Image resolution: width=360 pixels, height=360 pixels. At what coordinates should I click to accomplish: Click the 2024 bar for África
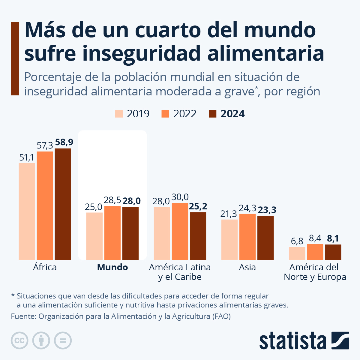click(x=63, y=204)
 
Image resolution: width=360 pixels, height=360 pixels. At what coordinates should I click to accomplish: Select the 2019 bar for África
click(x=27, y=211)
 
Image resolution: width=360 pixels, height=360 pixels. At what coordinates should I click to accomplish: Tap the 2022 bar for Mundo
click(x=112, y=233)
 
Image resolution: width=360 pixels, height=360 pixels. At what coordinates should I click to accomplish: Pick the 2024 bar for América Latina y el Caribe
click(x=198, y=236)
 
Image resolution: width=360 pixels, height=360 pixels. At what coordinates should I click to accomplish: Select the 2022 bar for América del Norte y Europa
click(x=315, y=252)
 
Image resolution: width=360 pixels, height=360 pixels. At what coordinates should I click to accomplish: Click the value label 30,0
click(x=180, y=197)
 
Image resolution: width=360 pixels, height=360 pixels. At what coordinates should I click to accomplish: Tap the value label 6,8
click(x=297, y=241)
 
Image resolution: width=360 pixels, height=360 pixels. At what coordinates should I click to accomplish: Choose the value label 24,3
click(x=247, y=208)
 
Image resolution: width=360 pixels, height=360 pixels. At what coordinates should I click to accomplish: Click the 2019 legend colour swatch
click(x=119, y=114)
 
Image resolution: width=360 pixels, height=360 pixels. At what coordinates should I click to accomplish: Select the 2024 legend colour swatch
click(x=212, y=114)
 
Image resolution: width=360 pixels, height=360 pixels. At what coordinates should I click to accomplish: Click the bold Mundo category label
click(x=112, y=267)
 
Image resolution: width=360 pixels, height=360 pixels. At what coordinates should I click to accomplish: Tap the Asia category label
click(x=247, y=267)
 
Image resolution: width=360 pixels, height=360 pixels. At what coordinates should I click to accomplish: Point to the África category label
click(x=45, y=267)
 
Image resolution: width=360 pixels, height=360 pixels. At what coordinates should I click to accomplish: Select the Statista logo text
click(x=292, y=341)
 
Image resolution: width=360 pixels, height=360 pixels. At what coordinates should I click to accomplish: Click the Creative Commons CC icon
click(x=19, y=340)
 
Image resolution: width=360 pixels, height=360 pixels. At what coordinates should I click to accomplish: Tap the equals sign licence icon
click(x=63, y=340)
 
